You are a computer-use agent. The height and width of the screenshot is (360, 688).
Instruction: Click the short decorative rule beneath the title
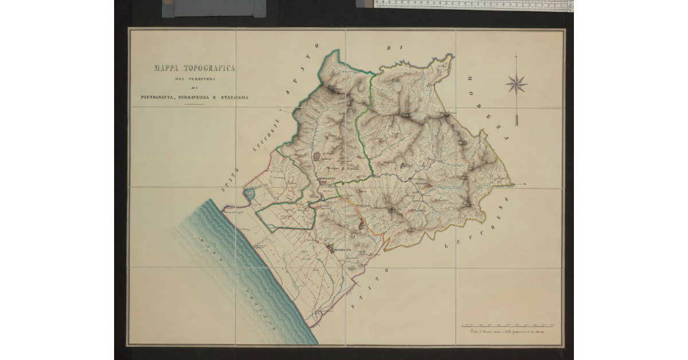[x=194, y=105]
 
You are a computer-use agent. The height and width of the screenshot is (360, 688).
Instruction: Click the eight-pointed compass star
[x=516, y=84]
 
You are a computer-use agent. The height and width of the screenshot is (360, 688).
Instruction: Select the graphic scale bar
[x=509, y=325]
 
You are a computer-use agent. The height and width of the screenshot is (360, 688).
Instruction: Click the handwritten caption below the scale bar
[x=507, y=332]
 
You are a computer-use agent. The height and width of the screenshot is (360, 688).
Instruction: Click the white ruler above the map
[x=473, y=5]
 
